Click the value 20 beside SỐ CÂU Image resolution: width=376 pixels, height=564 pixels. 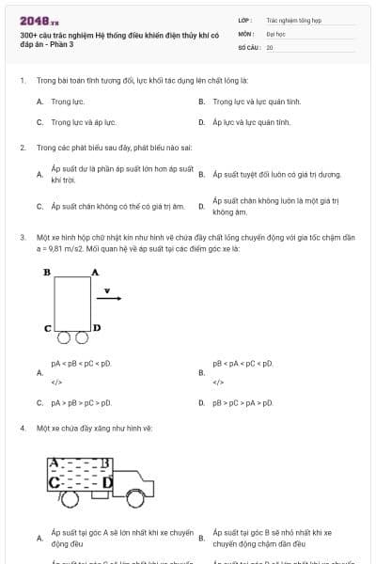270,47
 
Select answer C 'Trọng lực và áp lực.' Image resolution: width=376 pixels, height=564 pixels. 83,122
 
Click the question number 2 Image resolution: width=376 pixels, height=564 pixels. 22,148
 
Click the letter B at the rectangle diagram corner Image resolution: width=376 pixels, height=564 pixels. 46,273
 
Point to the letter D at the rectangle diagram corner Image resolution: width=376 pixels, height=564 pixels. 96,328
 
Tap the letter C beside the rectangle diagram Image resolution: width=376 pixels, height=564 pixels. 47,329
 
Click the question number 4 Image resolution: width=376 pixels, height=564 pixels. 22,428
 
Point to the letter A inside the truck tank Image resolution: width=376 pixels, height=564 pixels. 55,463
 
